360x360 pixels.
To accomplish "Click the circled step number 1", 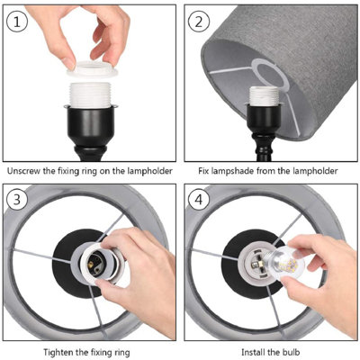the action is coord(17,22).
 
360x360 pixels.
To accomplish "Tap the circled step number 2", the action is coord(199,22).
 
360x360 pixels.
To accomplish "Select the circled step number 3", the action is coord(17,200).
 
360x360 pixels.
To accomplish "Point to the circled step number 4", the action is coord(199,200).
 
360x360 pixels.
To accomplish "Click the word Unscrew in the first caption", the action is coord(23,171).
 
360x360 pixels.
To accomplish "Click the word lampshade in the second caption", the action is coord(233,172).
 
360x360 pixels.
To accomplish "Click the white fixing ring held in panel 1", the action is coord(92,69).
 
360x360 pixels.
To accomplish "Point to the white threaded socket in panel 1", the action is coord(90,94).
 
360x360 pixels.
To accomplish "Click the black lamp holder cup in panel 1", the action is coord(90,125).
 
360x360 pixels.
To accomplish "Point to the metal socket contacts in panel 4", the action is coord(256,265).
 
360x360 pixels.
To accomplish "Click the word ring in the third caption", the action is coord(121,351).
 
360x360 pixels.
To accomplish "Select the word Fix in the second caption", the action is coord(203,171).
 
